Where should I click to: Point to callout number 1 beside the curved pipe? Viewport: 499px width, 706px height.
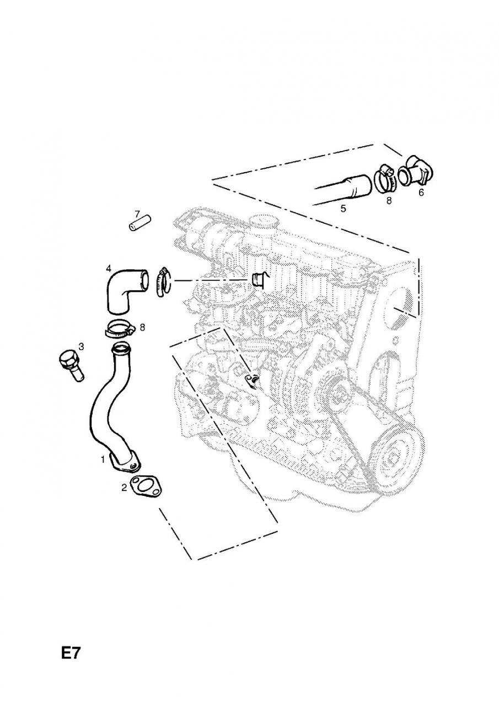coord(103,459)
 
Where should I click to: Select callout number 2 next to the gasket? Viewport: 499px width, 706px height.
coord(125,487)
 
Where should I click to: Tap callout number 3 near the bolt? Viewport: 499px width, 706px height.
coord(81,346)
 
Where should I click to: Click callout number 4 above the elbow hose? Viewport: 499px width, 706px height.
coord(109,268)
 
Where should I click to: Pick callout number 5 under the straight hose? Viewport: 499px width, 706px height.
coord(342,208)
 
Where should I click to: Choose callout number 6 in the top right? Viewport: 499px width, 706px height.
coord(421,192)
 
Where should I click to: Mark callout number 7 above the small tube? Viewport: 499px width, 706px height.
coord(138,213)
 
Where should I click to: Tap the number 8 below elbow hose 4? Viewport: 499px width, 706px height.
coord(142,327)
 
